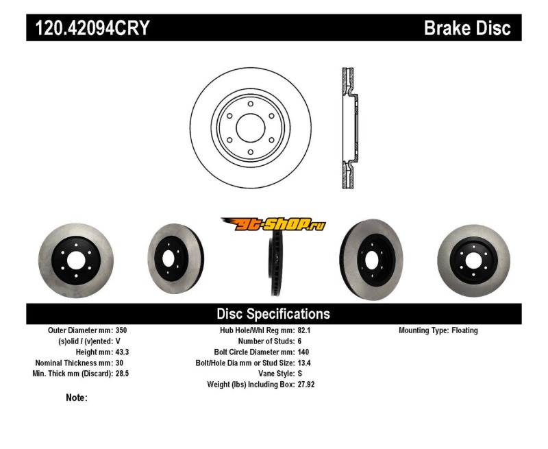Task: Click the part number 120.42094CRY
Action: [88, 28]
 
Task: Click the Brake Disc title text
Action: [467, 28]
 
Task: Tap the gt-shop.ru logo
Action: [273, 224]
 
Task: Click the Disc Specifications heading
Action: [273, 314]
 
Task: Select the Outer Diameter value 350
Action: [122, 330]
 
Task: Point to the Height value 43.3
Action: [123, 352]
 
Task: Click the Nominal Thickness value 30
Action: [120, 363]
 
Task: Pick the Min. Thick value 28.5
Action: [123, 374]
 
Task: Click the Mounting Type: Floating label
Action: [438, 330]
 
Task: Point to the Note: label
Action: [76, 398]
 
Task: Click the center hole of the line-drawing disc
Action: [250, 128]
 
